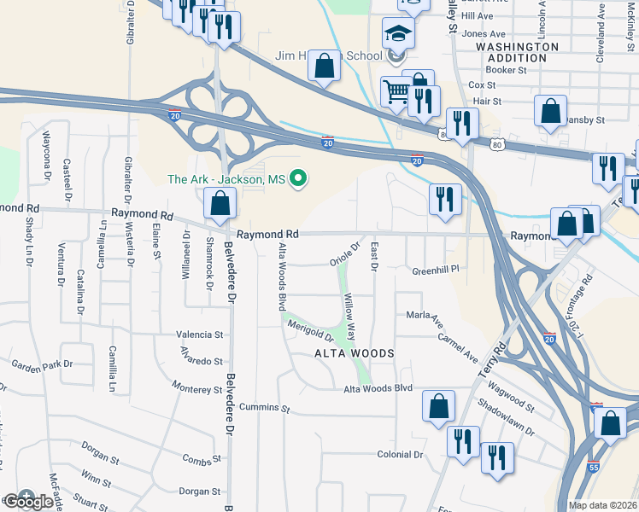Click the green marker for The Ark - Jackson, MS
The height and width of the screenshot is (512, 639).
298,178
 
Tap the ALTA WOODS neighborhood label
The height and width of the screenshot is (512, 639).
354,353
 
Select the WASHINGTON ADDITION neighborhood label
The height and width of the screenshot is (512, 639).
518,52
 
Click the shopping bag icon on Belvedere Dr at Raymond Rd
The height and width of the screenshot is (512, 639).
220,203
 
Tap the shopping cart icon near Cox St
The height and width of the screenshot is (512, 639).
396,90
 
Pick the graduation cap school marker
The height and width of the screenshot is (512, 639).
396,33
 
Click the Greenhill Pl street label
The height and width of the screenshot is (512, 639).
436,270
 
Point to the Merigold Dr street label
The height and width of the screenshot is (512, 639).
309,330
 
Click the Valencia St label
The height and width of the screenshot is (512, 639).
199,335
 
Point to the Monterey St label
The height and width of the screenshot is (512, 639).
196,389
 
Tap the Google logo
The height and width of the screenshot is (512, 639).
27,501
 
